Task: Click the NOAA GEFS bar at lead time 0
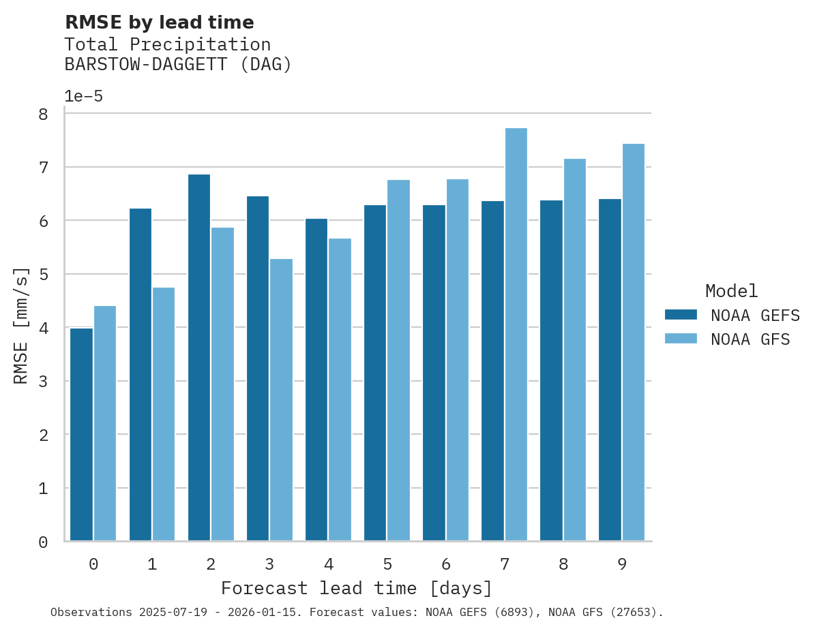tap(81, 435)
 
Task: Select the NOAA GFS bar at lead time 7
tap(516, 335)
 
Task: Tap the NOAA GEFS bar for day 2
tap(199, 358)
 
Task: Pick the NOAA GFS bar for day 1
tap(164, 414)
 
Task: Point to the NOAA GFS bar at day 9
tap(634, 343)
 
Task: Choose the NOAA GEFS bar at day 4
tap(316, 380)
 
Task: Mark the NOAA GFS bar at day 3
tap(281, 400)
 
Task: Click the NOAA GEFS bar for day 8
tap(551, 371)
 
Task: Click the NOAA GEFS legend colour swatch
tap(681, 315)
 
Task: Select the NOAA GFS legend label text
tap(750, 339)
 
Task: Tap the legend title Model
tap(731, 291)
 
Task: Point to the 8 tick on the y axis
tap(43, 114)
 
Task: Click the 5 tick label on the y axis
tap(43, 275)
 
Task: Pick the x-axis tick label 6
tap(446, 564)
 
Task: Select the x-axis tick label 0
tap(93, 564)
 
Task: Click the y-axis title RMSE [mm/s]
tap(22, 327)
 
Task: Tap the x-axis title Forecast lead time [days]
tap(357, 588)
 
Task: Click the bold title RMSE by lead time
tap(160, 22)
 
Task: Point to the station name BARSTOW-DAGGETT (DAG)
tap(178, 65)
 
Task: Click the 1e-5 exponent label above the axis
tap(84, 96)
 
